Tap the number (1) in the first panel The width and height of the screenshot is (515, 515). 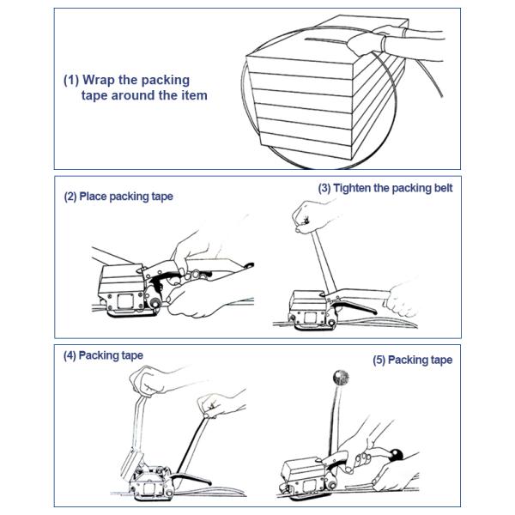pos(71,80)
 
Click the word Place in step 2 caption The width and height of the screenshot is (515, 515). pos(95,197)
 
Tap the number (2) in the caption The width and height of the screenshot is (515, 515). pos(70,197)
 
